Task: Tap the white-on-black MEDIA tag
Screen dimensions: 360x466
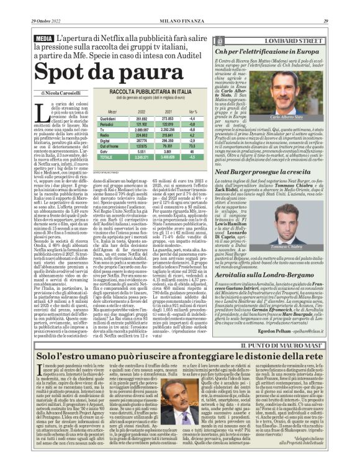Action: pyautogui.click(x=43, y=38)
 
